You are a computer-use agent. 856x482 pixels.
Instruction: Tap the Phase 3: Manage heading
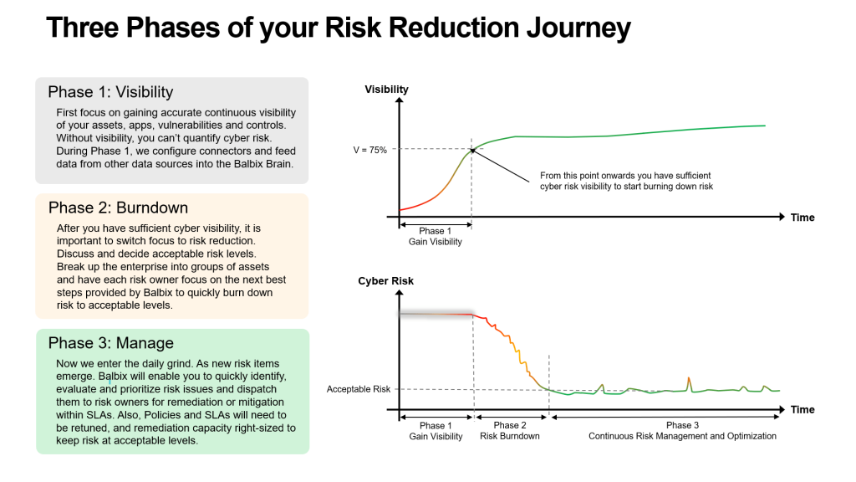point(110,343)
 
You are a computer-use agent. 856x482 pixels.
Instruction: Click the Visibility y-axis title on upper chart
point(386,90)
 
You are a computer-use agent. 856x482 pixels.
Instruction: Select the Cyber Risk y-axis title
point(385,281)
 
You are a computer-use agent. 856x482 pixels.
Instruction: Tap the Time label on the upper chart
point(802,218)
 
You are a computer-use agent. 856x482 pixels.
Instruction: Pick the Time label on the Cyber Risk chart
point(802,410)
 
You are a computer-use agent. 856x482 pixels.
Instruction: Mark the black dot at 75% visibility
point(472,151)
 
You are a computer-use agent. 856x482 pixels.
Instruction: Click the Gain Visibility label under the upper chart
point(435,242)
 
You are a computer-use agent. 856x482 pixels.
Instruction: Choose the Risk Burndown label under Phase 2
point(509,436)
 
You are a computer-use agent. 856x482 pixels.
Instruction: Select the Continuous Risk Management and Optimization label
point(682,436)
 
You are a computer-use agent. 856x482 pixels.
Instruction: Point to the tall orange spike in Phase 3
point(689,381)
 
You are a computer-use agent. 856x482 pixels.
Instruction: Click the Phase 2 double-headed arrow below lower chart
point(511,415)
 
